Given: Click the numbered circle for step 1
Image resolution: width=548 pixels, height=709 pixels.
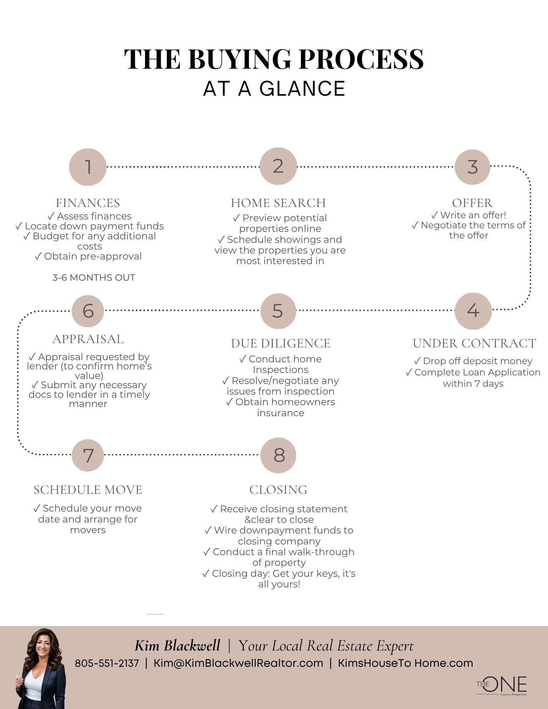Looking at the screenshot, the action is tap(88, 167).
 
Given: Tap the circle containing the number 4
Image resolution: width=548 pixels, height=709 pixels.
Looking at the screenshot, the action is tap(473, 311).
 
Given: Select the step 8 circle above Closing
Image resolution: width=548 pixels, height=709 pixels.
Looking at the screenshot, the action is tap(278, 455).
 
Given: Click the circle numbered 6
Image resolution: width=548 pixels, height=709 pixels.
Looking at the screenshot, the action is tap(88, 311).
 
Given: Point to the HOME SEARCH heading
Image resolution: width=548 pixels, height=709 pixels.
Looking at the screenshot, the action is tap(278, 203).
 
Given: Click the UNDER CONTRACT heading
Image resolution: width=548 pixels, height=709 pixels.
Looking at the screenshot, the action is tap(474, 344).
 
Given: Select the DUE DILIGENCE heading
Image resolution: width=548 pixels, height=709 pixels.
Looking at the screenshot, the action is tap(281, 344).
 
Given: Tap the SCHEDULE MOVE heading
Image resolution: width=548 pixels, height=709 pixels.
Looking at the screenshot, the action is tap(88, 490).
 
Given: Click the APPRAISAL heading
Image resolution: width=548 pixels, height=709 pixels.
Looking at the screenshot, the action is tap(88, 339).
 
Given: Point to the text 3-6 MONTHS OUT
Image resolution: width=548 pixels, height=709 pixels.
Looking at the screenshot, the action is tap(94, 278).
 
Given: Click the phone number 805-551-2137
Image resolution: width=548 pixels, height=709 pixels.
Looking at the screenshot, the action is tap(107, 663).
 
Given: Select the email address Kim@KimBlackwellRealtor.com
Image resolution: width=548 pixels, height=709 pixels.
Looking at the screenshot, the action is tap(238, 663).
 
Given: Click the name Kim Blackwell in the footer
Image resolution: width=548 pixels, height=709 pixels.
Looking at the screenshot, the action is tap(177, 646).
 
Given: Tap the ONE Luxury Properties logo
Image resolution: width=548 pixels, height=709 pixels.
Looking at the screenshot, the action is tap(502, 686).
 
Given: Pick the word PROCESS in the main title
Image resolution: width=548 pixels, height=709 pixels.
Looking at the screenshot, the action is tap(361, 59).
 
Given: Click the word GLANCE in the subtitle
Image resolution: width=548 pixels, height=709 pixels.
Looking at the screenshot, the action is tap(303, 89).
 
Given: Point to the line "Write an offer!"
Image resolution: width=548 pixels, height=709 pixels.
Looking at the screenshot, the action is tap(469, 215).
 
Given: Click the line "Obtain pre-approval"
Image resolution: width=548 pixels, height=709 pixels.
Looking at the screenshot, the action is tap(88, 256).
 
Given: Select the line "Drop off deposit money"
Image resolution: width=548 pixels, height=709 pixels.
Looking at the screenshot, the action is tap(473, 361).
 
